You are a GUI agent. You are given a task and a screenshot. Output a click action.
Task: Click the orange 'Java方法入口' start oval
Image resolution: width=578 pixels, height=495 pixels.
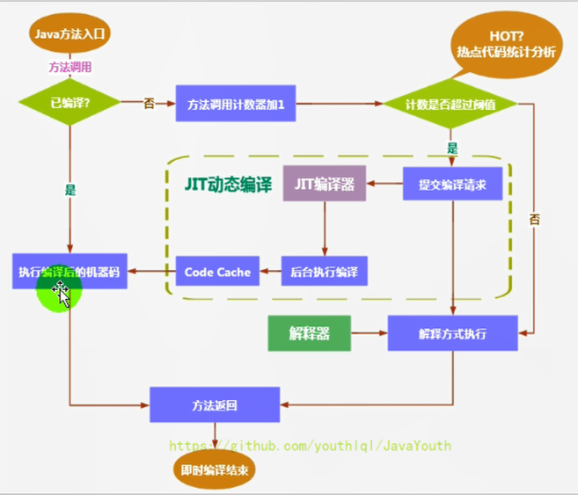(x=70, y=34)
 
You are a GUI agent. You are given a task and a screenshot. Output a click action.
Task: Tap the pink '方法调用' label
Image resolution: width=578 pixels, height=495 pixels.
(x=70, y=67)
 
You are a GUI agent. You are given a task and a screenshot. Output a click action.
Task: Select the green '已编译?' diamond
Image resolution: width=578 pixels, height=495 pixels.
(x=70, y=102)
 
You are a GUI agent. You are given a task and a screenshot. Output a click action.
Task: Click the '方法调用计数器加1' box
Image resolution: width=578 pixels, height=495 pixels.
(x=234, y=104)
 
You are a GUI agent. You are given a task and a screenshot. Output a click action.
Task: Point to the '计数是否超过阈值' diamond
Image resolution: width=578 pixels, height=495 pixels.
(x=449, y=105)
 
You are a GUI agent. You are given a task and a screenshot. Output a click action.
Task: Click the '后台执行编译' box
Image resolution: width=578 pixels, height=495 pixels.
(x=324, y=272)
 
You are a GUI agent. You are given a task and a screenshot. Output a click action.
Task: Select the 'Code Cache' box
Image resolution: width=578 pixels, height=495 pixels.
(x=217, y=272)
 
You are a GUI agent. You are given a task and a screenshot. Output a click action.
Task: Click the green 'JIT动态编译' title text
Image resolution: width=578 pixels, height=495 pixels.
(x=228, y=185)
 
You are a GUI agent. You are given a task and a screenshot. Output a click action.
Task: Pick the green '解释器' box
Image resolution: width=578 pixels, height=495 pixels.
(x=308, y=333)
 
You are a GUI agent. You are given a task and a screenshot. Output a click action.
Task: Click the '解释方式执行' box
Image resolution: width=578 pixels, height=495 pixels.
(x=452, y=334)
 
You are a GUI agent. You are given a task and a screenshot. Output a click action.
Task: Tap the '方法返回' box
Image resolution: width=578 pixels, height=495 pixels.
(x=215, y=405)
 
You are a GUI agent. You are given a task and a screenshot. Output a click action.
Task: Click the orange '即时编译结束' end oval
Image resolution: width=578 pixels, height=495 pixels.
(x=215, y=470)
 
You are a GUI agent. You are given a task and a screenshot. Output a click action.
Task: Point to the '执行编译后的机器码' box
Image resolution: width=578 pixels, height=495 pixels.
(x=70, y=272)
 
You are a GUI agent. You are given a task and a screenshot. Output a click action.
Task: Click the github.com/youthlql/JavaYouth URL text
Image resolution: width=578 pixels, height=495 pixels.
(x=310, y=446)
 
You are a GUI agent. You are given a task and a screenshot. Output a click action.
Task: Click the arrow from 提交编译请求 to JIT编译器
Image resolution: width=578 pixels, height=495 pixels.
(x=384, y=184)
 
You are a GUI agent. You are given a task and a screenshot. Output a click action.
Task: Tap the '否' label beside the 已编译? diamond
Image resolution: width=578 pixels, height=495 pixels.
(x=149, y=103)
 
